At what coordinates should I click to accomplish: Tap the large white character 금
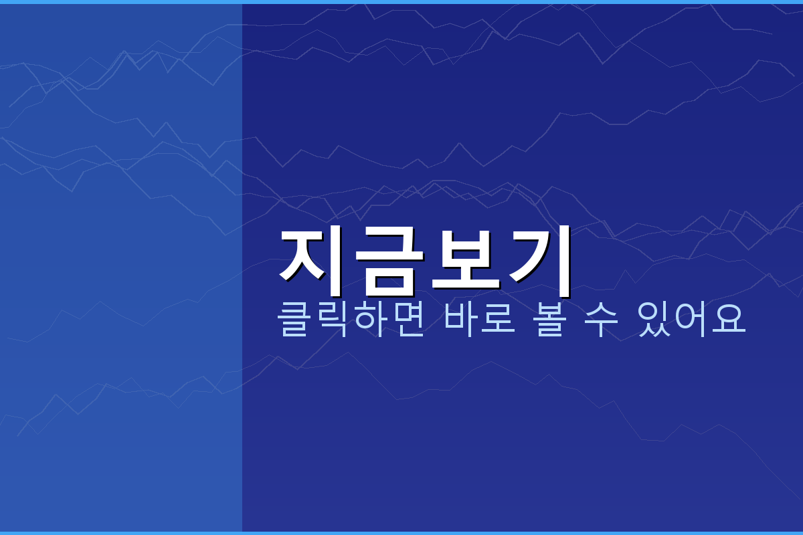pos(389,260)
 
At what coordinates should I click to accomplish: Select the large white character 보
pos(464,260)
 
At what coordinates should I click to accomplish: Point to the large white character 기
pos(539,260)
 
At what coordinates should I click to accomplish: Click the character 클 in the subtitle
pos(295,320)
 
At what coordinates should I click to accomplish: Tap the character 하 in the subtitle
pos(370,320)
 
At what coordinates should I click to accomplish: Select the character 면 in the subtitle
pos(408,320)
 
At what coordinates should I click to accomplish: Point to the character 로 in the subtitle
pos(499,320)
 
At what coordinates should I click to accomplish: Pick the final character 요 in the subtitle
pos(729,320)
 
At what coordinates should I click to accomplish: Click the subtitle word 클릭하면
pos(351,320)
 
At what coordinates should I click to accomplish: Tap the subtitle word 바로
pos(480,320)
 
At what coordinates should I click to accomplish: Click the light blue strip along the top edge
pos(401,1)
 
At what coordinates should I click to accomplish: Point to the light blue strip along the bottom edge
pos(401,533)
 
